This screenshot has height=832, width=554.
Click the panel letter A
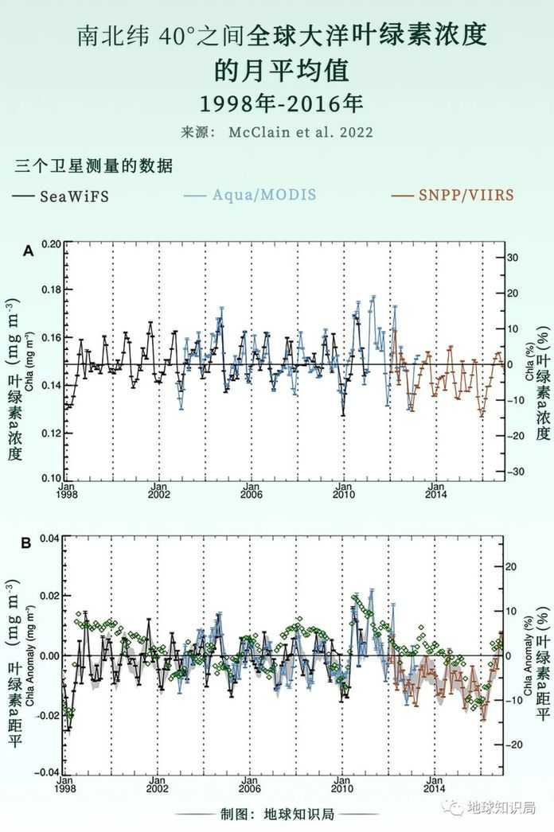[27, 251]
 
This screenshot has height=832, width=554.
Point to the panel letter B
[26, 544]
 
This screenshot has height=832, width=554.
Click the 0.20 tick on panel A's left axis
[50, 245]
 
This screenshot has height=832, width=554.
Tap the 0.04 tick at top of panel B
[50, 538]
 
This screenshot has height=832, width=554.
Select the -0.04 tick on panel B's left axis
[48, 772]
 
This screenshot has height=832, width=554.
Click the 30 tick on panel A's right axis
[514, 258]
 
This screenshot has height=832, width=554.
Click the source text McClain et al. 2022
[312, 132]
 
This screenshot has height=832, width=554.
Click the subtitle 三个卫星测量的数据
[94, 167]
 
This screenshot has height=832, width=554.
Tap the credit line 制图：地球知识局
[277, 815]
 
